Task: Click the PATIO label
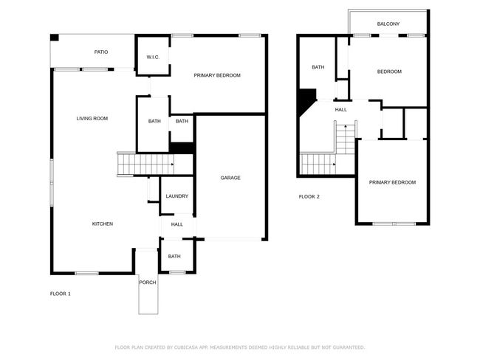click(x=101, y=52)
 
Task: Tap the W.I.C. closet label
click(x=153, y=58)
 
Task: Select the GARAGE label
click(x=230, y=178)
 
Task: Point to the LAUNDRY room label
click(x=177, y=196)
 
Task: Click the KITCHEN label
click(x=103, y=224)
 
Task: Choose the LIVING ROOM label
click(x=92, y=118)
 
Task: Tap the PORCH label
click(x=148, y=283)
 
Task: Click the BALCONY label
click(x=388, y=24)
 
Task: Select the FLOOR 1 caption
click(x=61, y=294)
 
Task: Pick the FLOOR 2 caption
click(x=309, y=197)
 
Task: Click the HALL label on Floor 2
click(x=340, y=109)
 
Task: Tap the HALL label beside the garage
click(x=177, y=224)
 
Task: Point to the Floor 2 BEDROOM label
click(x=389, y=72)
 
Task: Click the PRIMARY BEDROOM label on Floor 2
click(x=392, y=182)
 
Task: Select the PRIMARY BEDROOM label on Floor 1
click(x=217, y=75)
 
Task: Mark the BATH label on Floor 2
click(x=318, y=67)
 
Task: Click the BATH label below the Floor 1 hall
click(x=174, y=256)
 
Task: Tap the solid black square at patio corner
click(x=55, y=38)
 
